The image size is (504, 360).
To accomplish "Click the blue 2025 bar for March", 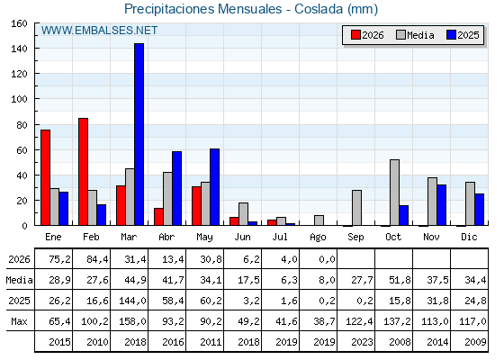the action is pos(139,134).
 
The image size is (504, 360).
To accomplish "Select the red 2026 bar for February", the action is pos(83,172).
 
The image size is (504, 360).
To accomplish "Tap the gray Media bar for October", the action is pos(395,193).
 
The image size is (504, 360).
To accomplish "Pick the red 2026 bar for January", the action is pos(45,177).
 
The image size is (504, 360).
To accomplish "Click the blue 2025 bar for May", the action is pos(214,187).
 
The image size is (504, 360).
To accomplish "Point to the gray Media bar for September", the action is pos(356,208).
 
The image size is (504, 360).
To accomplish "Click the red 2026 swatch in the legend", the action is pos(355,35).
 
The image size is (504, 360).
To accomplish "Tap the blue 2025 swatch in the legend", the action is pos(451,35).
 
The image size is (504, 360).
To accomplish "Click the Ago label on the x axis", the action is pos(318,238).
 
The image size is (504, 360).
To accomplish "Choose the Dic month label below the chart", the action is pos(469,237).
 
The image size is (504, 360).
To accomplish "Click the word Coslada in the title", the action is pos(319,9).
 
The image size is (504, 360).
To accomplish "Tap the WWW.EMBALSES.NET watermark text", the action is pos(99,31).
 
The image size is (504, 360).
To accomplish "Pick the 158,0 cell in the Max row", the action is pos(133,321).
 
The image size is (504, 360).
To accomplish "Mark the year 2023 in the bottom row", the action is pos(362,342).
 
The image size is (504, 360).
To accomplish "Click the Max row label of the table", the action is pos(19,321).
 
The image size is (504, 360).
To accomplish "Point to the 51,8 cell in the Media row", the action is pos(400,280).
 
